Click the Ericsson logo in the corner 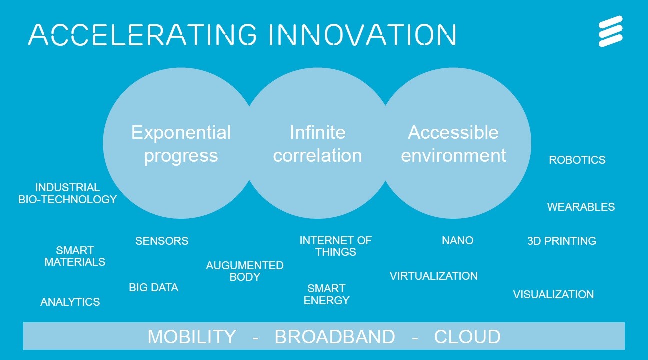(x=611, y=31)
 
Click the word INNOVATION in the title (x=363, y=35)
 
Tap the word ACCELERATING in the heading (x=142, y=35)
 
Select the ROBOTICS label (x=577, y=160)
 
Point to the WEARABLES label (x=581, y=207)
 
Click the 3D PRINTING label (x=561, y=241)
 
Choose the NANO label (x=457, y=240)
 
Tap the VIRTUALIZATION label (x=433, y=276)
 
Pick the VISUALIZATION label (x=553, y=294)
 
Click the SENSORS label (x=162, y=241)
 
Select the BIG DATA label (x=153, y=287)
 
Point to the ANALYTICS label (x=70, y=302)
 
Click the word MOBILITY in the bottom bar (x=192, y=337)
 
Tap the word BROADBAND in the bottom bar (x=335, y=337)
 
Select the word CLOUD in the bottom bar (x=467, y=337)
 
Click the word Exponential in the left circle (x=181, y=133)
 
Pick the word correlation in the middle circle (x=317, y=156)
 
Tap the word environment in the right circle (x=453, y=156)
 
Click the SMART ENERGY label (x=326, y=294)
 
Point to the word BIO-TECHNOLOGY (x=67, y=199)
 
